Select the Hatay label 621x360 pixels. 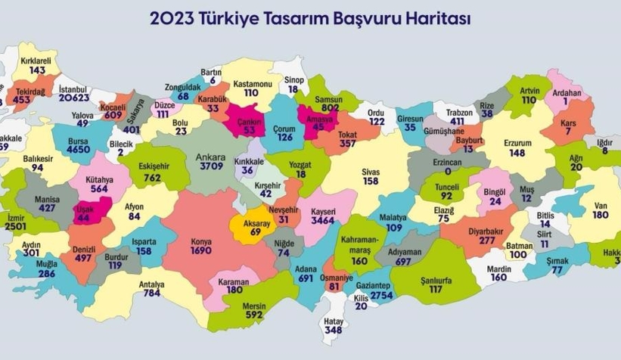(x=332, y=320)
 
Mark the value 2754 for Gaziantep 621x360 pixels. (x=381, y=294)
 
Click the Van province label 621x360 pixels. (x=600, y=204)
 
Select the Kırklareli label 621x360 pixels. (x=33, y=59)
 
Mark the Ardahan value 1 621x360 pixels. (x=565, y=103)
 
